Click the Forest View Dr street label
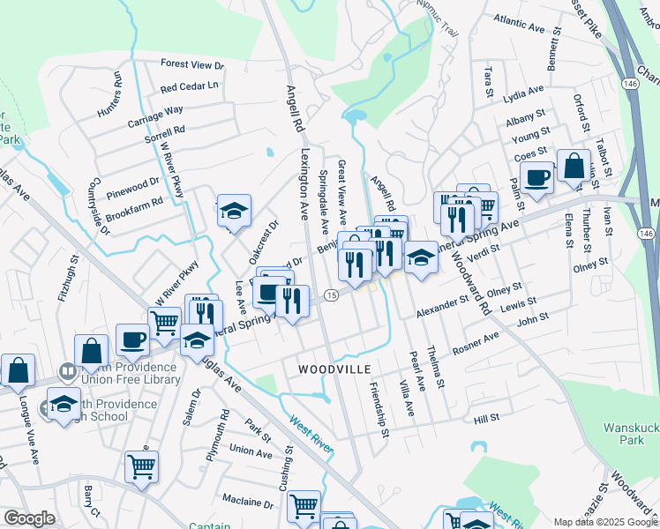tap(192, 65)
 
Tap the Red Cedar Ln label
tap(188, 87)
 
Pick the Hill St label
tap(487, 420)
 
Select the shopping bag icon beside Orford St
tap(574, 165)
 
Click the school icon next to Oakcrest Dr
tap(234, 211)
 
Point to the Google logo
tap(29, 518)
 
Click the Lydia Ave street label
tap(522, 92)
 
